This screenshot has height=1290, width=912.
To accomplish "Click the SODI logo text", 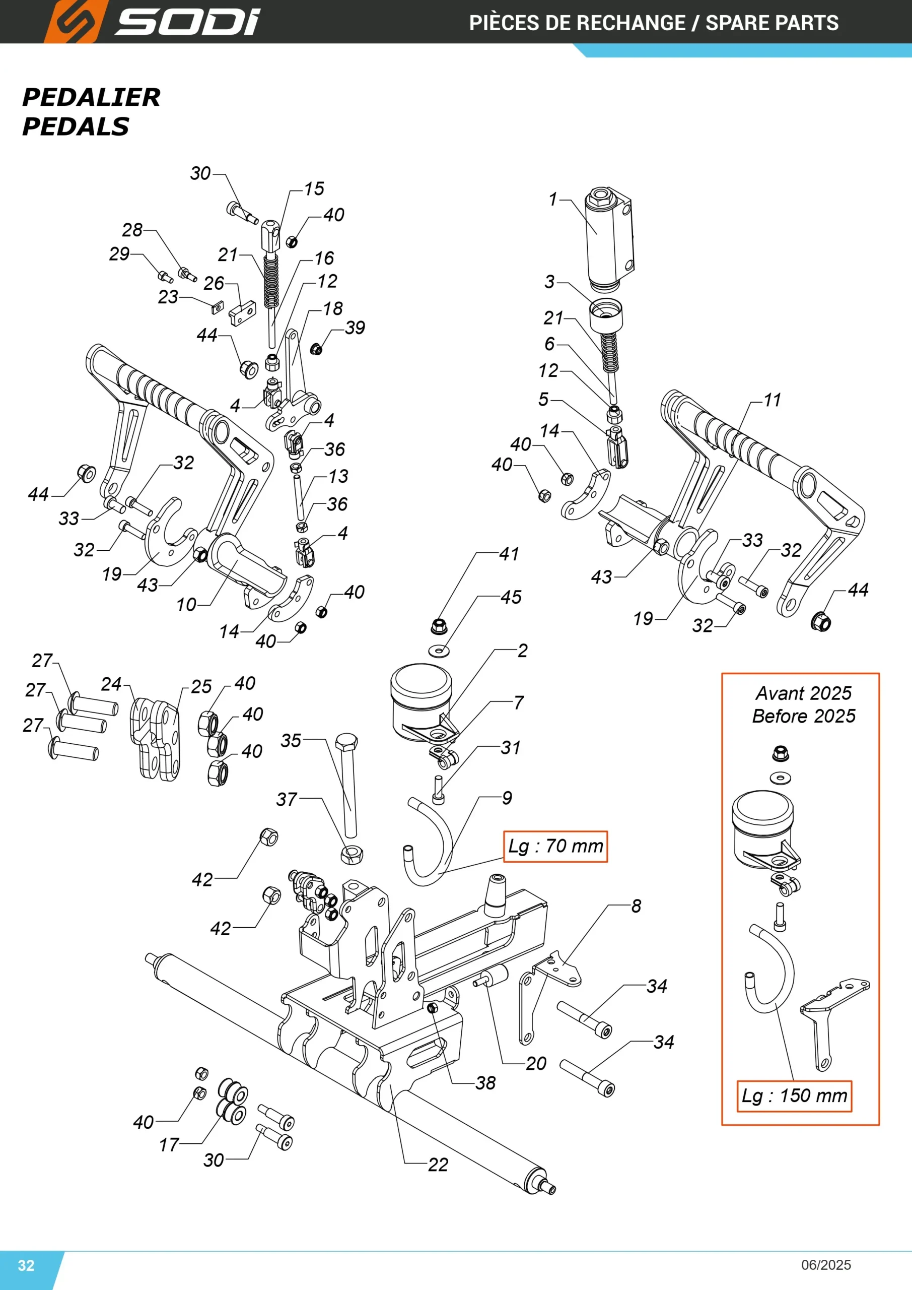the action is click(x=187, y=23).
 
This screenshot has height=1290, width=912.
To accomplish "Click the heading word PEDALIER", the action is click(x=92, y=97).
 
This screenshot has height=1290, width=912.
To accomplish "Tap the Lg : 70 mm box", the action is click(x=555, y=846).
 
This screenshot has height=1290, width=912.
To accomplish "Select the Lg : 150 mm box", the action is click(x=794, y=1095).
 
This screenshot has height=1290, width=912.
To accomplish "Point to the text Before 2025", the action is click(x=804, y=716).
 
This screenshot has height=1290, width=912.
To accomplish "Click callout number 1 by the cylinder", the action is click(x=553, y=199).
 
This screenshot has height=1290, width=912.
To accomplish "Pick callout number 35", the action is click(x=291, y=741).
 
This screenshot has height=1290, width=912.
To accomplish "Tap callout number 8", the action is click(x=636, y=906).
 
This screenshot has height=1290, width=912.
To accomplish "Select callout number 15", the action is click(x=314, y=188).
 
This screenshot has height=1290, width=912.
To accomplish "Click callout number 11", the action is click(x=772, y=400).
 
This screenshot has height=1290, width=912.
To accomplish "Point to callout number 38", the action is click(x=485, y=1083).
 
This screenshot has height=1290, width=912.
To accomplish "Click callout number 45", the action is click(x=511, y=597).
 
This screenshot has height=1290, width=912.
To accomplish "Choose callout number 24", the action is click(x=111, y=684).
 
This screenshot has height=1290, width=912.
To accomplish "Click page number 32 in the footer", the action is click(x=26, y=1265).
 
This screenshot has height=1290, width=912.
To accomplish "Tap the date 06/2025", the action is click(x=826, y=1265).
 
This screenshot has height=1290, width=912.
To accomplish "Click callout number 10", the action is click(x=186, y=605).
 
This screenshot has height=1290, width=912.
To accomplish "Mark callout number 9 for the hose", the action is click(x=507, y=798).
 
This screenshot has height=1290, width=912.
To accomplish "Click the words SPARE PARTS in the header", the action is click(x=771, y=23).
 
